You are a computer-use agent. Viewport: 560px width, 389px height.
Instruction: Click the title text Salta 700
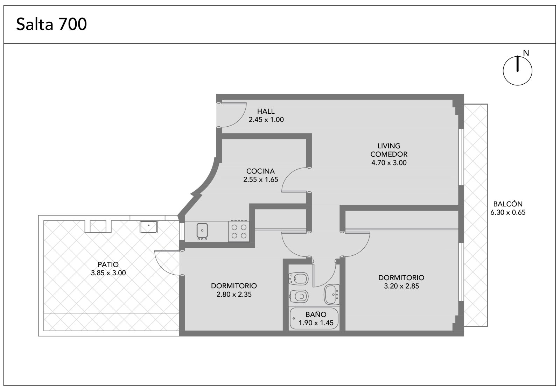pyautogui.click(x=51, y=24)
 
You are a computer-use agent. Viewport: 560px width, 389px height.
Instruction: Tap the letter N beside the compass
pyautogui.click(x=526, y=53)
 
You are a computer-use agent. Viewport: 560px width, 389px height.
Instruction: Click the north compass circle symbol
pyautogui.click(x=518, y=71)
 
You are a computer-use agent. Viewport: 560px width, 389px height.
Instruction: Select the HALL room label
pyautogui.click(x=266, y=111)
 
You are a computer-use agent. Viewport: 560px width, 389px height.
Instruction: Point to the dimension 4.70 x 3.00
pyautogui.click(x=389, y=163)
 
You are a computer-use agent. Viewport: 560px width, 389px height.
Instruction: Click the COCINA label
pyautogui.click(x=260, y=171)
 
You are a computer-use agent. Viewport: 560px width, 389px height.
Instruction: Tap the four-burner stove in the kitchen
pyautogui.click(x=239, y=231)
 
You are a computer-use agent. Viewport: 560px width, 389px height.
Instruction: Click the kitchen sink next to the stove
pyautogui.click(x=202, y=230)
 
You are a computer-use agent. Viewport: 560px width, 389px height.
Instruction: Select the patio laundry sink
pyautogui.click(x=148, y=227)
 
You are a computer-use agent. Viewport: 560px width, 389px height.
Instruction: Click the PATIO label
pyautogui.click(x=108, y=264)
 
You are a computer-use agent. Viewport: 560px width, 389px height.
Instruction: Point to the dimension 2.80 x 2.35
pyautogui.click(x=234, y=294)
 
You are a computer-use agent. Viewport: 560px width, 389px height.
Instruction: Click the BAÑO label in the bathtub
pyautogui.click(x=316, y=314)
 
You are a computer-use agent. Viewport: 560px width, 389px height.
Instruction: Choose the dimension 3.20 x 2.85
pyautogui.click(x=401, y=286)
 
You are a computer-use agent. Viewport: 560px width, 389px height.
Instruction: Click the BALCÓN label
pyautogui.click(x=508, y=204)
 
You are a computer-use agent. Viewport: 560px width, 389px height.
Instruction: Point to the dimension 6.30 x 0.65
pyautogui.click(x=508, y=213)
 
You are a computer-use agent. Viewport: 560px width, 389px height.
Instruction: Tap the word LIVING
pyautogui.click(x=389, y=146)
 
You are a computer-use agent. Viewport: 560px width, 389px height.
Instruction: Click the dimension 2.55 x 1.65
pyautogui.click(x=261, y=180)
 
